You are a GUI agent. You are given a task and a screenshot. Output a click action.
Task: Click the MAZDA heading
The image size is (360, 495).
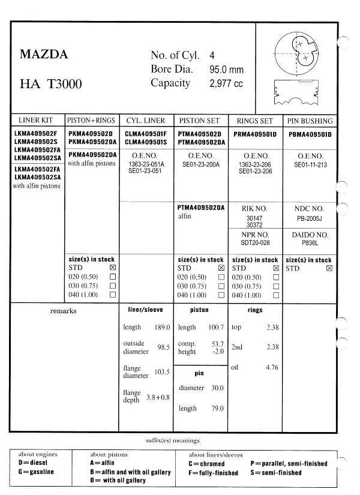[44, 55]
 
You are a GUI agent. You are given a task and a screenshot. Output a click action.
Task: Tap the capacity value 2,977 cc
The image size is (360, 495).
[226, 84]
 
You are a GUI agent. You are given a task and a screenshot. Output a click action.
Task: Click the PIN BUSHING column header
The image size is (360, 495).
[310, 121]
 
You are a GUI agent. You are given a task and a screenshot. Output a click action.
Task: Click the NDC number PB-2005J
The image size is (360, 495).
[310, 218]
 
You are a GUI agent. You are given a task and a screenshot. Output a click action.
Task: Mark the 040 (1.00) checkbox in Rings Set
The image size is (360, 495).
[276, 295]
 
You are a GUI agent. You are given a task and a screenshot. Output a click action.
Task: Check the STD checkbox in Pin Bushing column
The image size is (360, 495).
[329, 268]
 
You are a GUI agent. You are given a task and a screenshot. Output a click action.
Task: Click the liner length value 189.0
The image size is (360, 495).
[163, 328]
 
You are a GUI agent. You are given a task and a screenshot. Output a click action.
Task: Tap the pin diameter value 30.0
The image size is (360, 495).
[217, 388]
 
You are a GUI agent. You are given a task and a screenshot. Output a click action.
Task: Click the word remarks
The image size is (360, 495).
[63, 311]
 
